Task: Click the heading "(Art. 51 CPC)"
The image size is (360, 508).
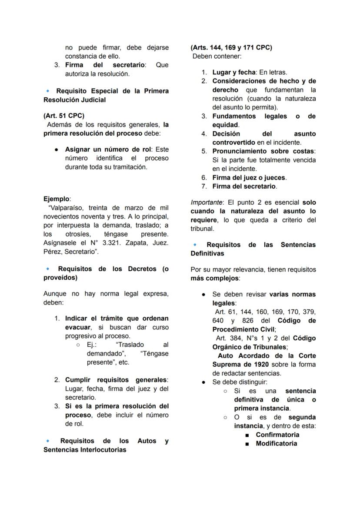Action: (64, 116)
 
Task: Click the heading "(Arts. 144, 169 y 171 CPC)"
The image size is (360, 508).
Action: (231, 47)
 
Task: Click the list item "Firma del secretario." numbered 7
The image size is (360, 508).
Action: (244, 186)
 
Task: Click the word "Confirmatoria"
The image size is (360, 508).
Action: (277, 435)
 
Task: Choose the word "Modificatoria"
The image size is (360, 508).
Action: (277, 444)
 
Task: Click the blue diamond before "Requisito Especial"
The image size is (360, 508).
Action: (47, 91)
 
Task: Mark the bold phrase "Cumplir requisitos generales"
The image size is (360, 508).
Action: (116, 380)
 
